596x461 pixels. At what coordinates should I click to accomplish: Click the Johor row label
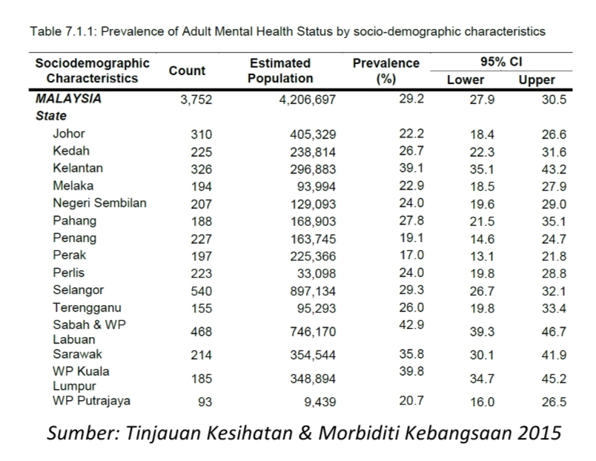click(69, 134)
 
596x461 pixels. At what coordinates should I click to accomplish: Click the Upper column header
click(537, 80)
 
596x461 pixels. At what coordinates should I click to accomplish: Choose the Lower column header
click(466, 80)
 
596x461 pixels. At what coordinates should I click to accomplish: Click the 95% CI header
click(500, 63)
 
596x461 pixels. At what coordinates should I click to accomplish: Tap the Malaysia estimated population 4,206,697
click(307, 99)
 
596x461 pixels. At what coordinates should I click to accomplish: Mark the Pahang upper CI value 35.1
click(553, 220)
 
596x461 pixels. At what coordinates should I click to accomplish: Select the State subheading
click(51, 116)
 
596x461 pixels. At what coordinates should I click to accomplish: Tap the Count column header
click(187, 71)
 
